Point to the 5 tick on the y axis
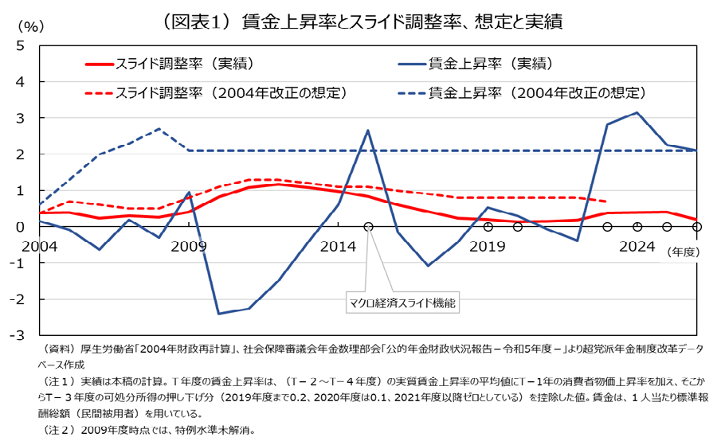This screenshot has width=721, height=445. pyautogui.click(x=20, y=45)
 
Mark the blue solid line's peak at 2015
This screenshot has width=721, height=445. pyautogui.click(x=368, y=131)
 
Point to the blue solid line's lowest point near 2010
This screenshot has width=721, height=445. pyautogui.click(x=218, y=313)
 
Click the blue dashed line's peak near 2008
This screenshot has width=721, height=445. pyautogui.click(x=159, y=129)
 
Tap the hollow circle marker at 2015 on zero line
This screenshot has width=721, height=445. pyautogui.click(x=368, y=227)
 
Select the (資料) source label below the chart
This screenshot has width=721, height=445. pyautogui.click(x=57, y=349)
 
